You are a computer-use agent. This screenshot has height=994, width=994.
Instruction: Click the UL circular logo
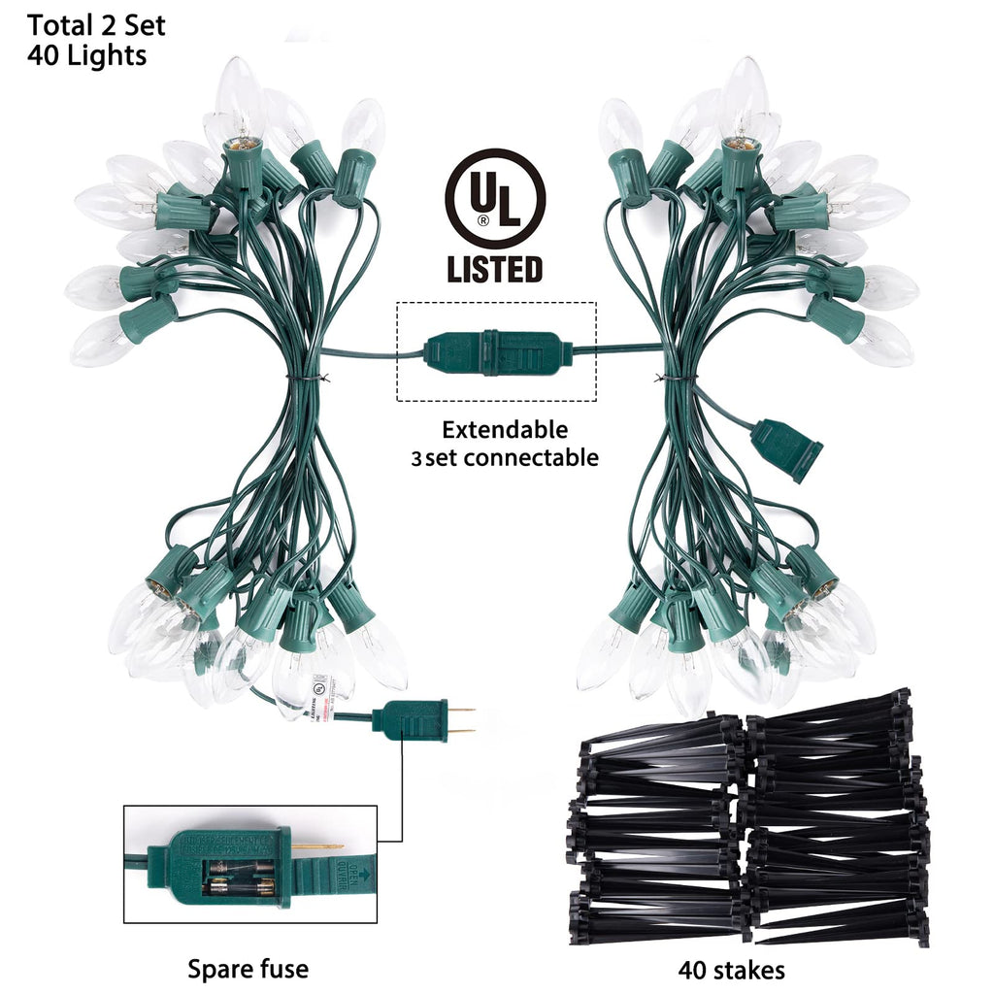[x=494, y=199]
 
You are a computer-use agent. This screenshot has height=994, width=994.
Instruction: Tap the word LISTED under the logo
[x=494, y=268]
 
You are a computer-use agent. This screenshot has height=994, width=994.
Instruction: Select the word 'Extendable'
[x=505, y=429]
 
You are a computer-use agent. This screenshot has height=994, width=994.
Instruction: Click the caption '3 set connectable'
[x=505, y=457]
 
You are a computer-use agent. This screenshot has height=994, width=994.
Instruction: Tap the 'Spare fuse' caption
[x=248, y=968]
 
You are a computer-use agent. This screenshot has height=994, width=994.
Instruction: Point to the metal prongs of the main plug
[x=462, y=719]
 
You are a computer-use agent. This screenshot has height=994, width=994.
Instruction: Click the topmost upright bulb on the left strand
[x=240, y=97]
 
